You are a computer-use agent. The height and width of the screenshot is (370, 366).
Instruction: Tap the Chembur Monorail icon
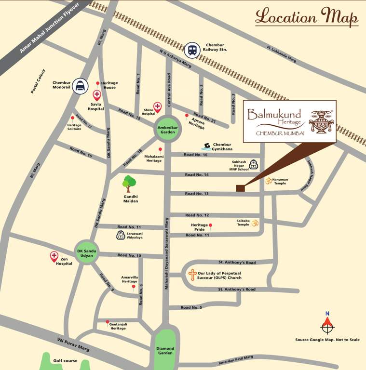coord(80,85)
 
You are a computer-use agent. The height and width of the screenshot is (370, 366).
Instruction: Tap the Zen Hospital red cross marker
coord(54,256)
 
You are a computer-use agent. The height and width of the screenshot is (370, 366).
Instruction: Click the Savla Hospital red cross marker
coord(97,95)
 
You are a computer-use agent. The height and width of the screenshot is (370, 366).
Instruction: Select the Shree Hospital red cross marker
coord(157,107)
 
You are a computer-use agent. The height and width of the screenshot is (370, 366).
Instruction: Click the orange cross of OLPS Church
coord(192,275)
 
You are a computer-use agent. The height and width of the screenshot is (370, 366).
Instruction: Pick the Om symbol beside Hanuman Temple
coord(268,181)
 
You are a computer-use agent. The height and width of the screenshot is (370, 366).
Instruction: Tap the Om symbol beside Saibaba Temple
coord(256,223)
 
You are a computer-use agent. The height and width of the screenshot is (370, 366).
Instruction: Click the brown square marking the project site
coord(240,188)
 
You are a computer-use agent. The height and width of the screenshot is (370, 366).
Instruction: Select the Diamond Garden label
coord(165,350)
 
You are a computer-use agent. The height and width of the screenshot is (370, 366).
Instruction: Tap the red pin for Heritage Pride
coord(210,225)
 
